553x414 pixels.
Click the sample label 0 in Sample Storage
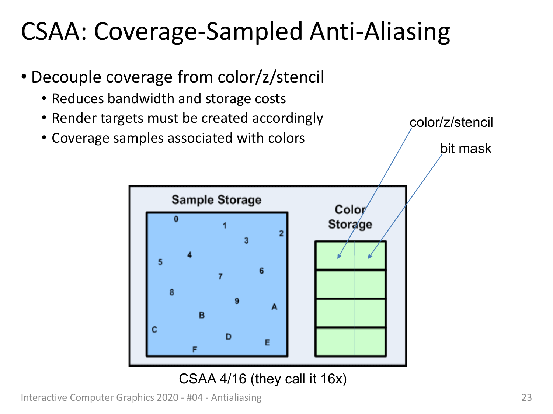176,219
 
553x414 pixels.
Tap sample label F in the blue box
195,349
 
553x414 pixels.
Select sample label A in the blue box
274,307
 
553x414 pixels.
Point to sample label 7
220,276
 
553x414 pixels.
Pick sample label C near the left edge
154,329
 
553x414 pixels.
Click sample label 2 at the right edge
281,233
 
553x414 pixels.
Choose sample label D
229,337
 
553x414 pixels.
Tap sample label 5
160,262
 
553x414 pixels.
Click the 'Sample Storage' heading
216,200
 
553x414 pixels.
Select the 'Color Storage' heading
350,217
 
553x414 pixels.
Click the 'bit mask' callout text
466,148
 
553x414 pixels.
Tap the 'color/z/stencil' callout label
451,122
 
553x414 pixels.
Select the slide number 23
526,397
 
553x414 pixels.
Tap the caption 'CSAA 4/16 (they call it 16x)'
263,379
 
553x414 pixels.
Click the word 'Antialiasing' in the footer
236,398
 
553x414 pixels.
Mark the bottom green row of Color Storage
351,342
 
